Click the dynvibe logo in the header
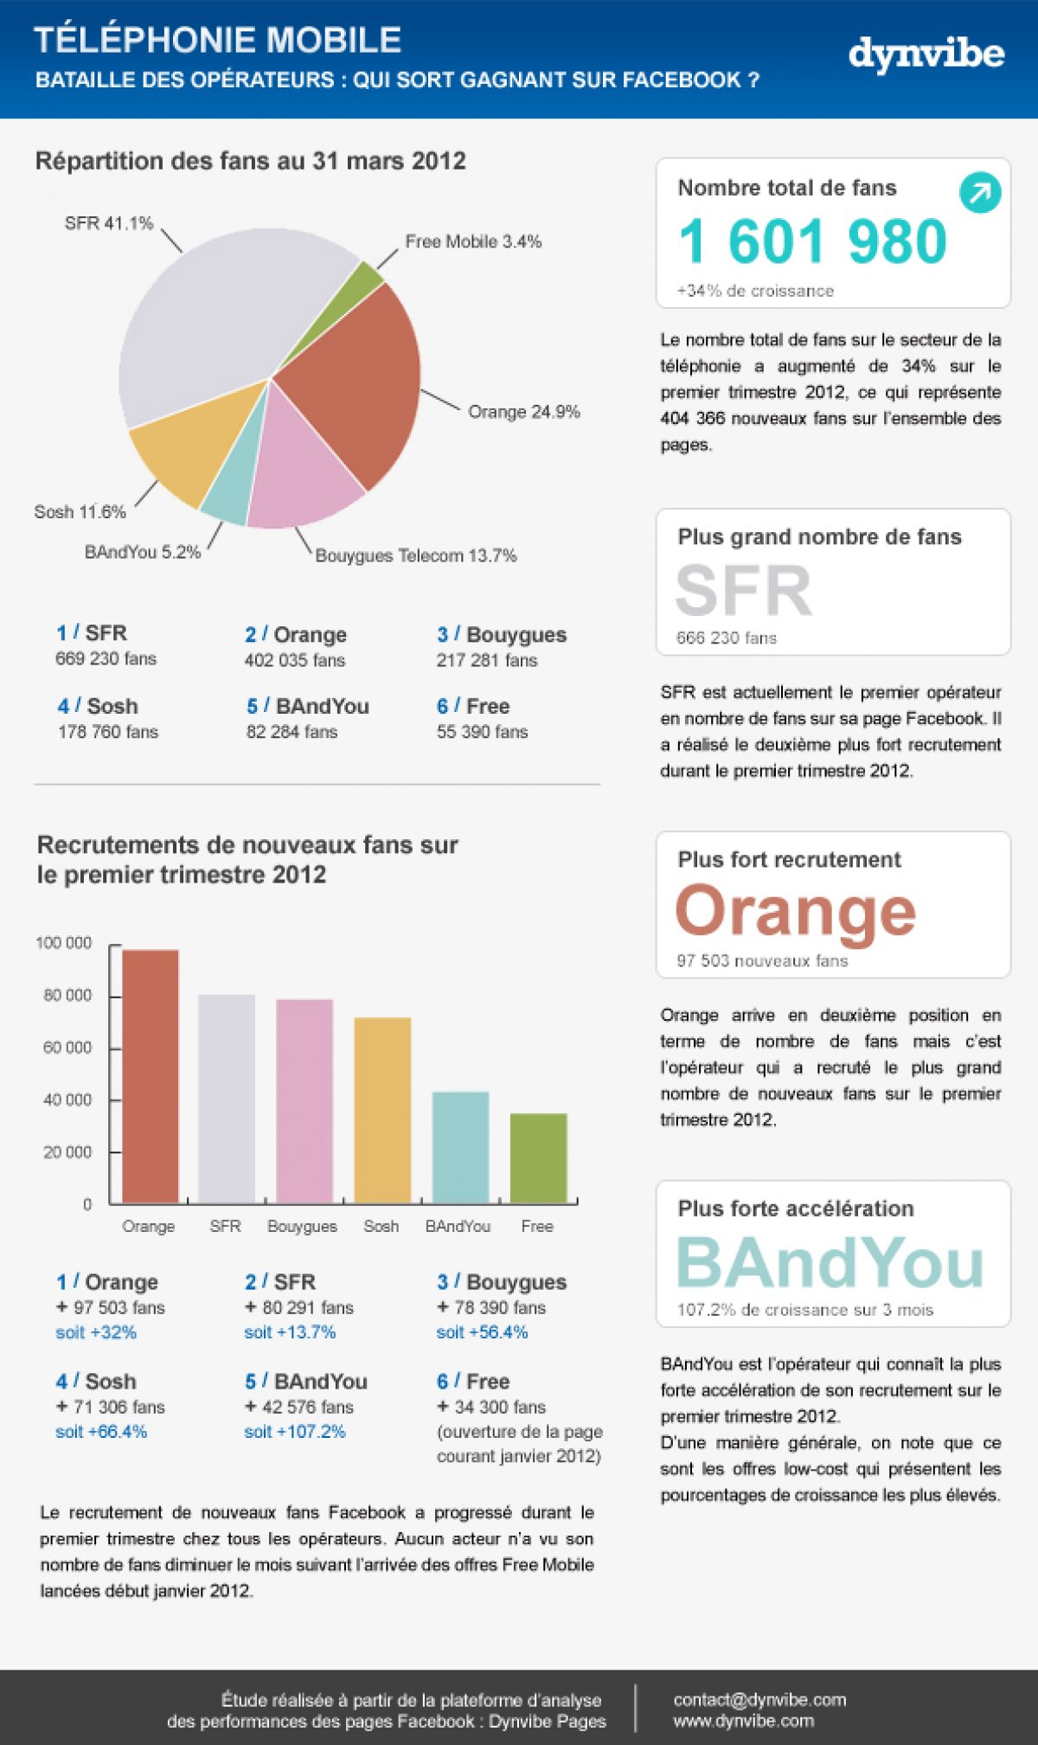926,54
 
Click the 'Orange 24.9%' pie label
523,412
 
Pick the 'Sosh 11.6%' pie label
80,511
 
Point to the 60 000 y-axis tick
67,1048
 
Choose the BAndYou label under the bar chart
458,1226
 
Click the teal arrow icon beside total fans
979,193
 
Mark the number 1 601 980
812,241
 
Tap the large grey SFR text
743,591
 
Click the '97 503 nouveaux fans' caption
762,960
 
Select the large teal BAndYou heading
830,1262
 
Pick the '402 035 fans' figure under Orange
294,660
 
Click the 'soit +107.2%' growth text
294,1432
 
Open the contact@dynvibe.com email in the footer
759,1699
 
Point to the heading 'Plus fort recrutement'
789,859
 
